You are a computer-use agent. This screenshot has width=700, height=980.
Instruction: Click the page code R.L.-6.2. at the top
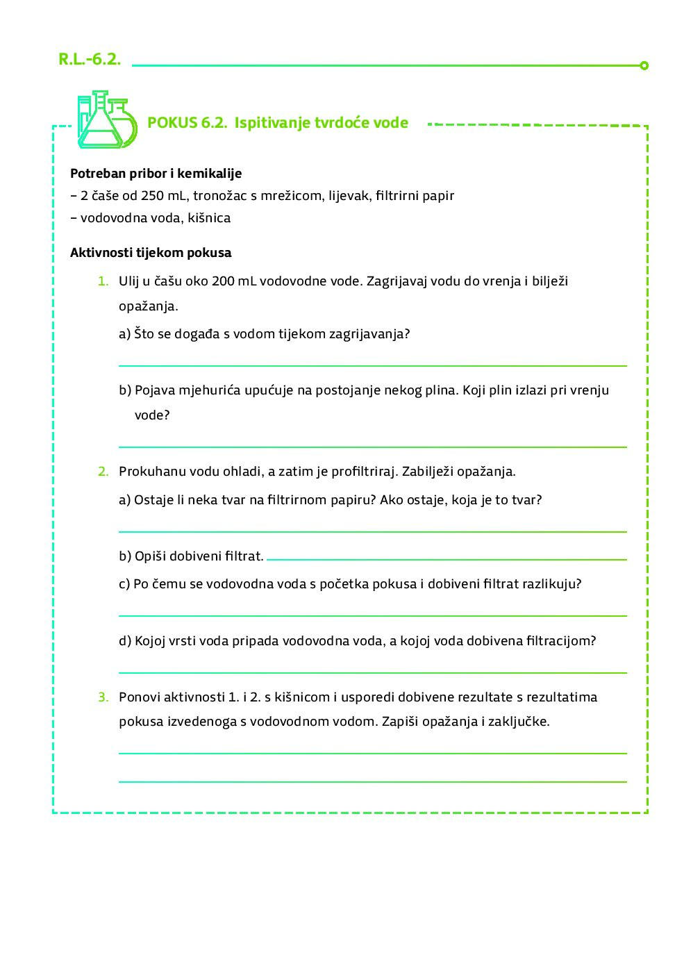(90, 60)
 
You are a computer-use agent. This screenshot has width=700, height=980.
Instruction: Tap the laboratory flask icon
(106, 119)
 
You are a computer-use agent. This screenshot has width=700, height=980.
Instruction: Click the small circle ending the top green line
(644, 65)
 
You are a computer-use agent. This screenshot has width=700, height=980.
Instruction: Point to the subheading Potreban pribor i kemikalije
(156, 174)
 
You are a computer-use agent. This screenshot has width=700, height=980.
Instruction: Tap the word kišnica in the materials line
(209, 218)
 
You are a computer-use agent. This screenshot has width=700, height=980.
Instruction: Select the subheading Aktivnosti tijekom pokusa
(151, 253)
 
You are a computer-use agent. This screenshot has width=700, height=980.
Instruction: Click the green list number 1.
(103, 281)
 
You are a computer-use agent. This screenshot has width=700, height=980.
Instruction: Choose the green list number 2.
(103, 472)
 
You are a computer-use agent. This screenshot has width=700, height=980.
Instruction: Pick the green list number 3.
(103, 697)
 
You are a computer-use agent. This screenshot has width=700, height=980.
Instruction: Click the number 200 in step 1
(223, 281)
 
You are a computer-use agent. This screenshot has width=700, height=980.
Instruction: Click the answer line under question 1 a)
(372, 365)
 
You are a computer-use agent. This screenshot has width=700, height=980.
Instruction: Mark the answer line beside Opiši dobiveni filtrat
(446, 558)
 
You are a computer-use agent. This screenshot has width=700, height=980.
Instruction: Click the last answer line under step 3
(372, 781)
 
